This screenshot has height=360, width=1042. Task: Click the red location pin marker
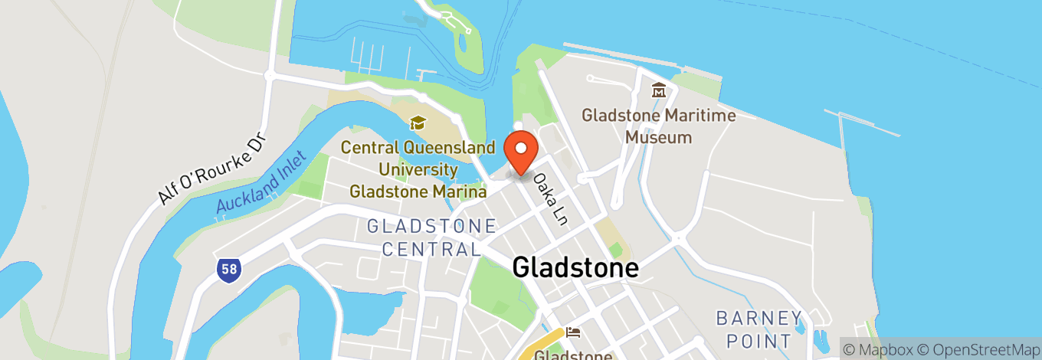point(522,152)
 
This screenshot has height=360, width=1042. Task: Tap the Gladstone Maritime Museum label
point(658,126)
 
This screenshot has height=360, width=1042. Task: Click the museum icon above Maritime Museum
point(658,91)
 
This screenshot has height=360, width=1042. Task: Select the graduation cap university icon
point(418,123)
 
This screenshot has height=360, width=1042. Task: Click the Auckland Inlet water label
point(260,182)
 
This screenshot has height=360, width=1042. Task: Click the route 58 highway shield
point(228,269)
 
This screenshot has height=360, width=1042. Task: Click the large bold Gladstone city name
point(575,267)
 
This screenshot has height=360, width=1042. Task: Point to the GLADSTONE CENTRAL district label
point(431,237)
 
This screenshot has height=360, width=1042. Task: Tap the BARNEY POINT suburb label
point(759,329)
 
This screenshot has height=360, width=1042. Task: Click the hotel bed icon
point(573,332)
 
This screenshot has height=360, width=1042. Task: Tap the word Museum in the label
point(658,138)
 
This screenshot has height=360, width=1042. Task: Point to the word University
point(418,169)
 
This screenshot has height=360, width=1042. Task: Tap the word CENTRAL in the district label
point(431,249)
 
